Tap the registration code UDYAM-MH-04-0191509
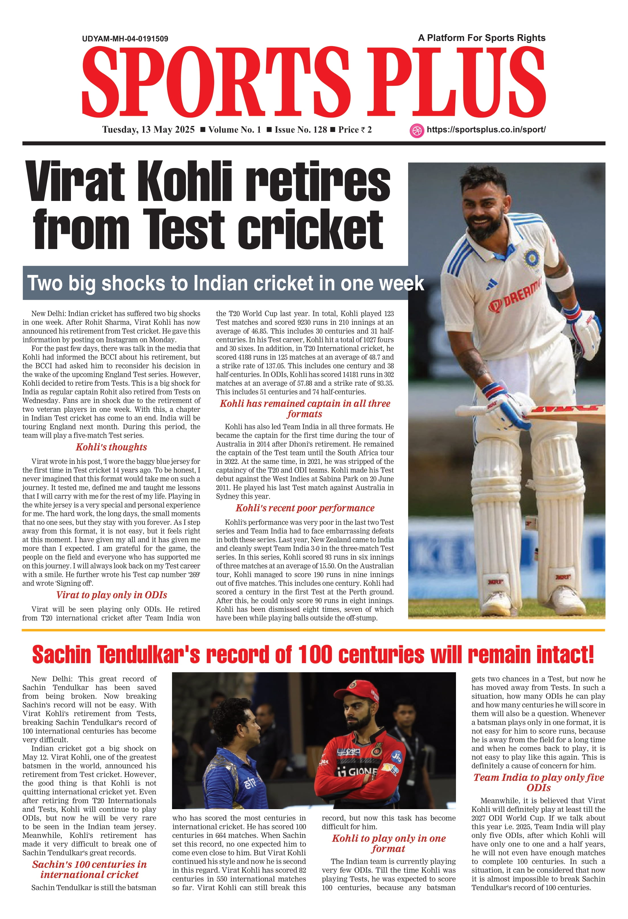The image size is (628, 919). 125,39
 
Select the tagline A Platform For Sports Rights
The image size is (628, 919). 482,38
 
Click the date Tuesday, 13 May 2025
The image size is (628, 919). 148,130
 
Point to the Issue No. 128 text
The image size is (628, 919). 301,130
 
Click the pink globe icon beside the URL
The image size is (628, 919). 416,131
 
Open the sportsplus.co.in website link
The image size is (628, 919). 486,130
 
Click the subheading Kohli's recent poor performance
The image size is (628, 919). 305,508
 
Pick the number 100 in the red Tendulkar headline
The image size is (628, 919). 315,654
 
